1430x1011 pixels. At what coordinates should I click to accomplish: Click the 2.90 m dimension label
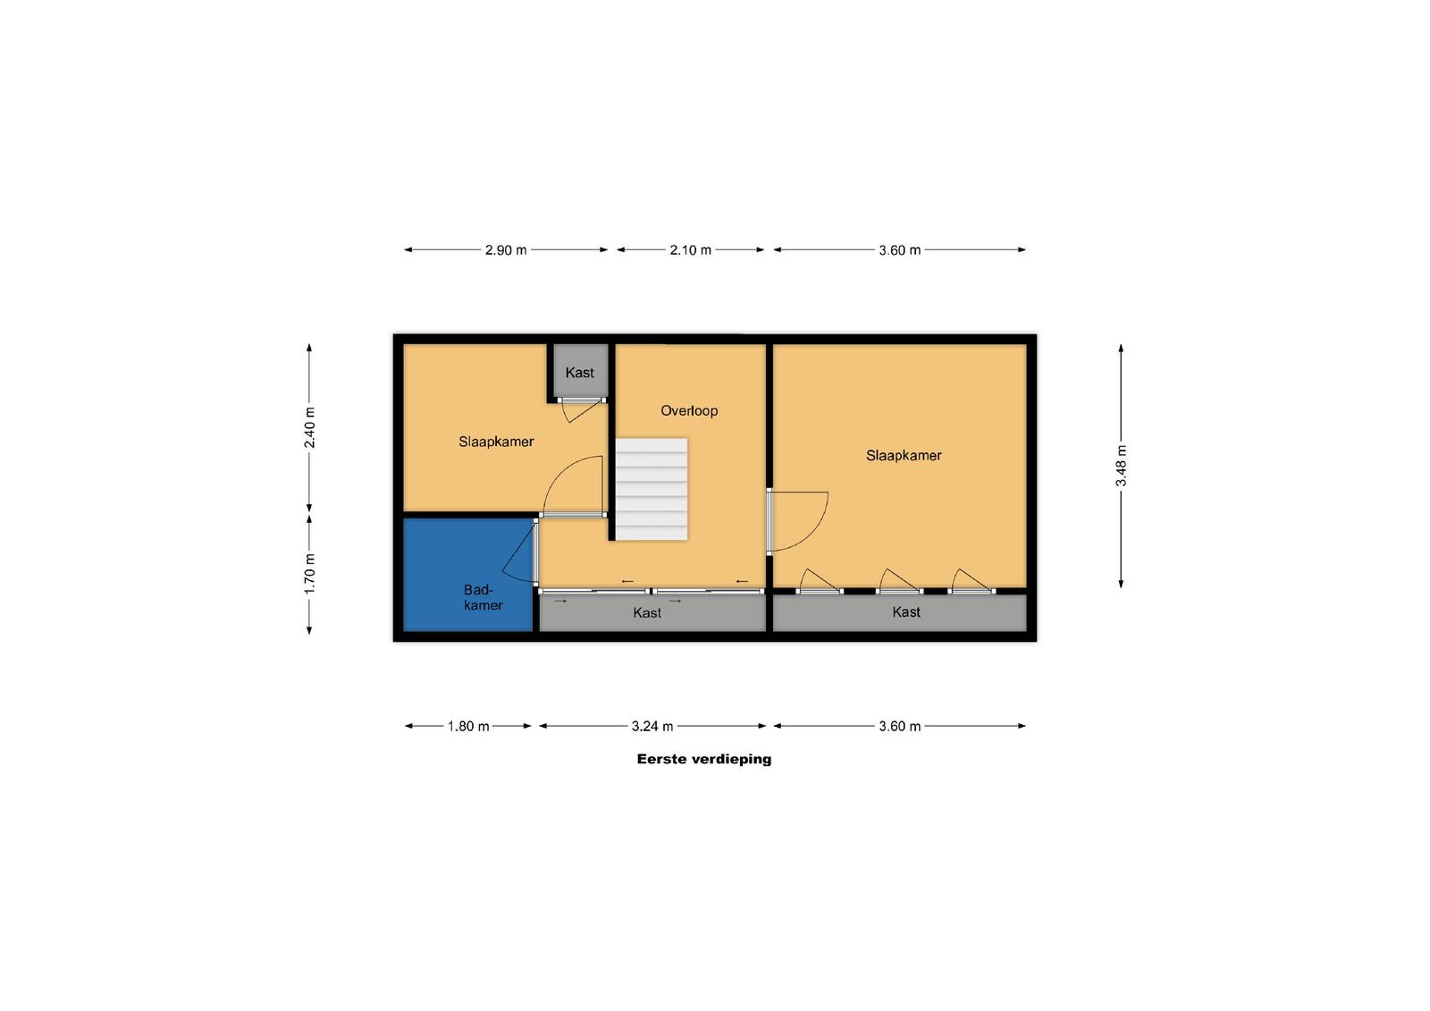click(x=506, y=249)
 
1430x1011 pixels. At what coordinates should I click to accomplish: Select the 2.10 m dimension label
click(x=690, y=249)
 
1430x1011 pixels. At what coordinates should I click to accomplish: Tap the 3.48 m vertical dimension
click(x=1121, y=466)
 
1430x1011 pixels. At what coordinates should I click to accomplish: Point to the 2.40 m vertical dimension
click(x=309, y=427)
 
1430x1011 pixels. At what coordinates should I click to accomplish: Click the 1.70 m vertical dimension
click(x=309, y=574)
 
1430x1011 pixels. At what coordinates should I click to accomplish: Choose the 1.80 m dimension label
click(x=468, y=726)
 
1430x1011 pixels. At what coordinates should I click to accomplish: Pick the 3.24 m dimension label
click(x=652, y=726)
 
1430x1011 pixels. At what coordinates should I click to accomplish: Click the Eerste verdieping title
click(x=704, y=759)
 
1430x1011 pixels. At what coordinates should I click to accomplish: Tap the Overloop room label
click(x=689, y=410)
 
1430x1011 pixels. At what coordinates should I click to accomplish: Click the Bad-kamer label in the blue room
click(x=483, y=597)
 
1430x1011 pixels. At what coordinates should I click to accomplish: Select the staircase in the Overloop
click(x=652, y=489)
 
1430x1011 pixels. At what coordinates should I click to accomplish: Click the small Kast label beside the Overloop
click(x=580, y=373)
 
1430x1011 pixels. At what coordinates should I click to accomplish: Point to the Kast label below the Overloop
click(x=647, y=612)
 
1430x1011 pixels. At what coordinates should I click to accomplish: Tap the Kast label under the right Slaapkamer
click(x=906, y=611)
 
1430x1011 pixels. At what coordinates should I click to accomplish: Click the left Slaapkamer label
click(x=496, y=442)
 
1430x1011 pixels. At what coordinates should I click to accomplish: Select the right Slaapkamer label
click(x=904, y=455)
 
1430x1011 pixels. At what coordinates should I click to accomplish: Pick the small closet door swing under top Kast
click(x=581, y=412)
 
